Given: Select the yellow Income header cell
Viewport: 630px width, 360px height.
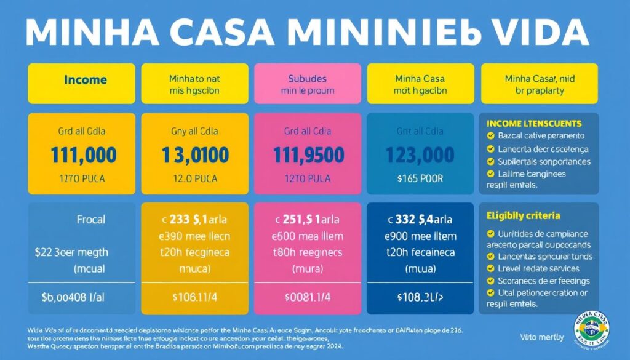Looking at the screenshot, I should coord(86,80).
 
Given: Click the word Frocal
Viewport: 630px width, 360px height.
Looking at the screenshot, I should coord(90,219).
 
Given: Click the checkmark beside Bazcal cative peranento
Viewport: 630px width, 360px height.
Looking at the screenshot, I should coord(490,136).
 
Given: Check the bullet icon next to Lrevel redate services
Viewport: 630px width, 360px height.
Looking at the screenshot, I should coord(490,268).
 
